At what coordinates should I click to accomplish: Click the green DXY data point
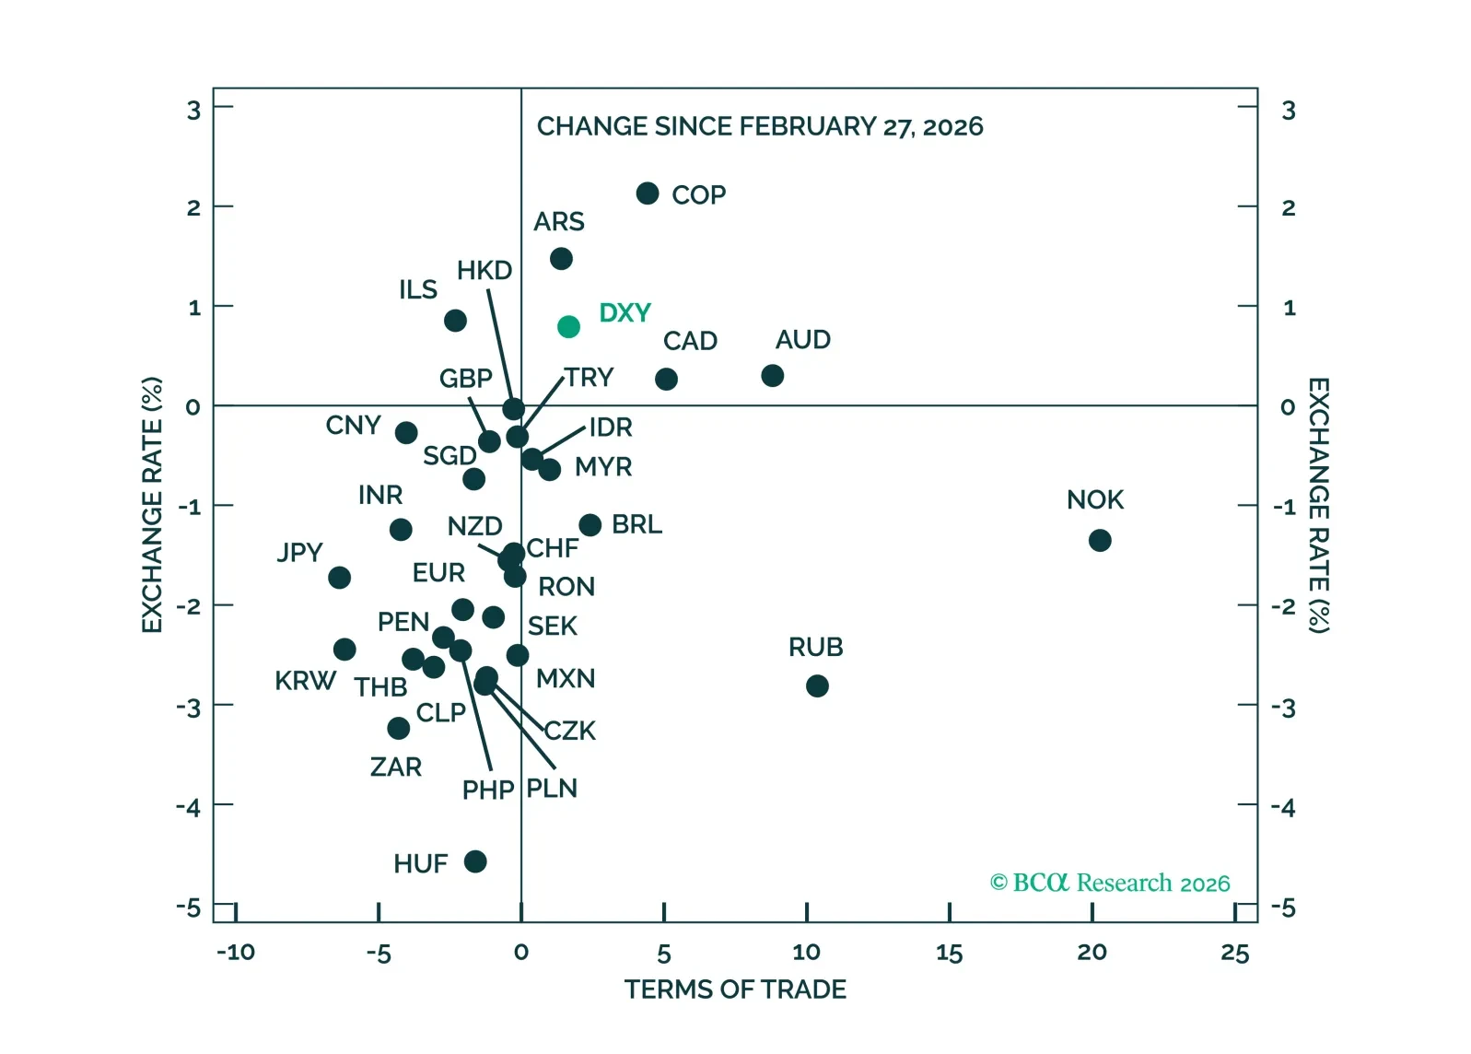tap(568, 326)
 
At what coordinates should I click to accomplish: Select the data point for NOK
tap(1099, 540)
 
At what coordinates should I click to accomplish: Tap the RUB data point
tap(816, 685)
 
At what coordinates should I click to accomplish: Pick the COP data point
tap(648, 193)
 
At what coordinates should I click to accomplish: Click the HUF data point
tap(475, 861)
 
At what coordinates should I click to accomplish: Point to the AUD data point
tap(772, 375)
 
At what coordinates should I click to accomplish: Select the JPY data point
tap(339, 578)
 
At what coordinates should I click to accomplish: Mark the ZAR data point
tap(398, 729)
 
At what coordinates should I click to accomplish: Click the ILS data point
tap(455, 321)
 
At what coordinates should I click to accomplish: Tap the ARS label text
tap(559, 222)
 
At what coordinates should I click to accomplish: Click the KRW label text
tap(305, 681)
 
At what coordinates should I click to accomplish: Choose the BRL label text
tap(636, 524)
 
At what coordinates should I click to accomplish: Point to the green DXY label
tap(625, 313)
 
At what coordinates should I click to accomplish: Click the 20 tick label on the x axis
tap(1092, 953)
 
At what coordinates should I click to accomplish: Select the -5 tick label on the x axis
tap(378, 953)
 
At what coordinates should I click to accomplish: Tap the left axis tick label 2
tap(193, 207)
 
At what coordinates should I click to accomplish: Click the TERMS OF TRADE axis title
tap(735, 990)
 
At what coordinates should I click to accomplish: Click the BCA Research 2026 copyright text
tap(1109, 883)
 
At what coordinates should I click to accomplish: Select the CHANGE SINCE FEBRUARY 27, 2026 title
tap(760, 126)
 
